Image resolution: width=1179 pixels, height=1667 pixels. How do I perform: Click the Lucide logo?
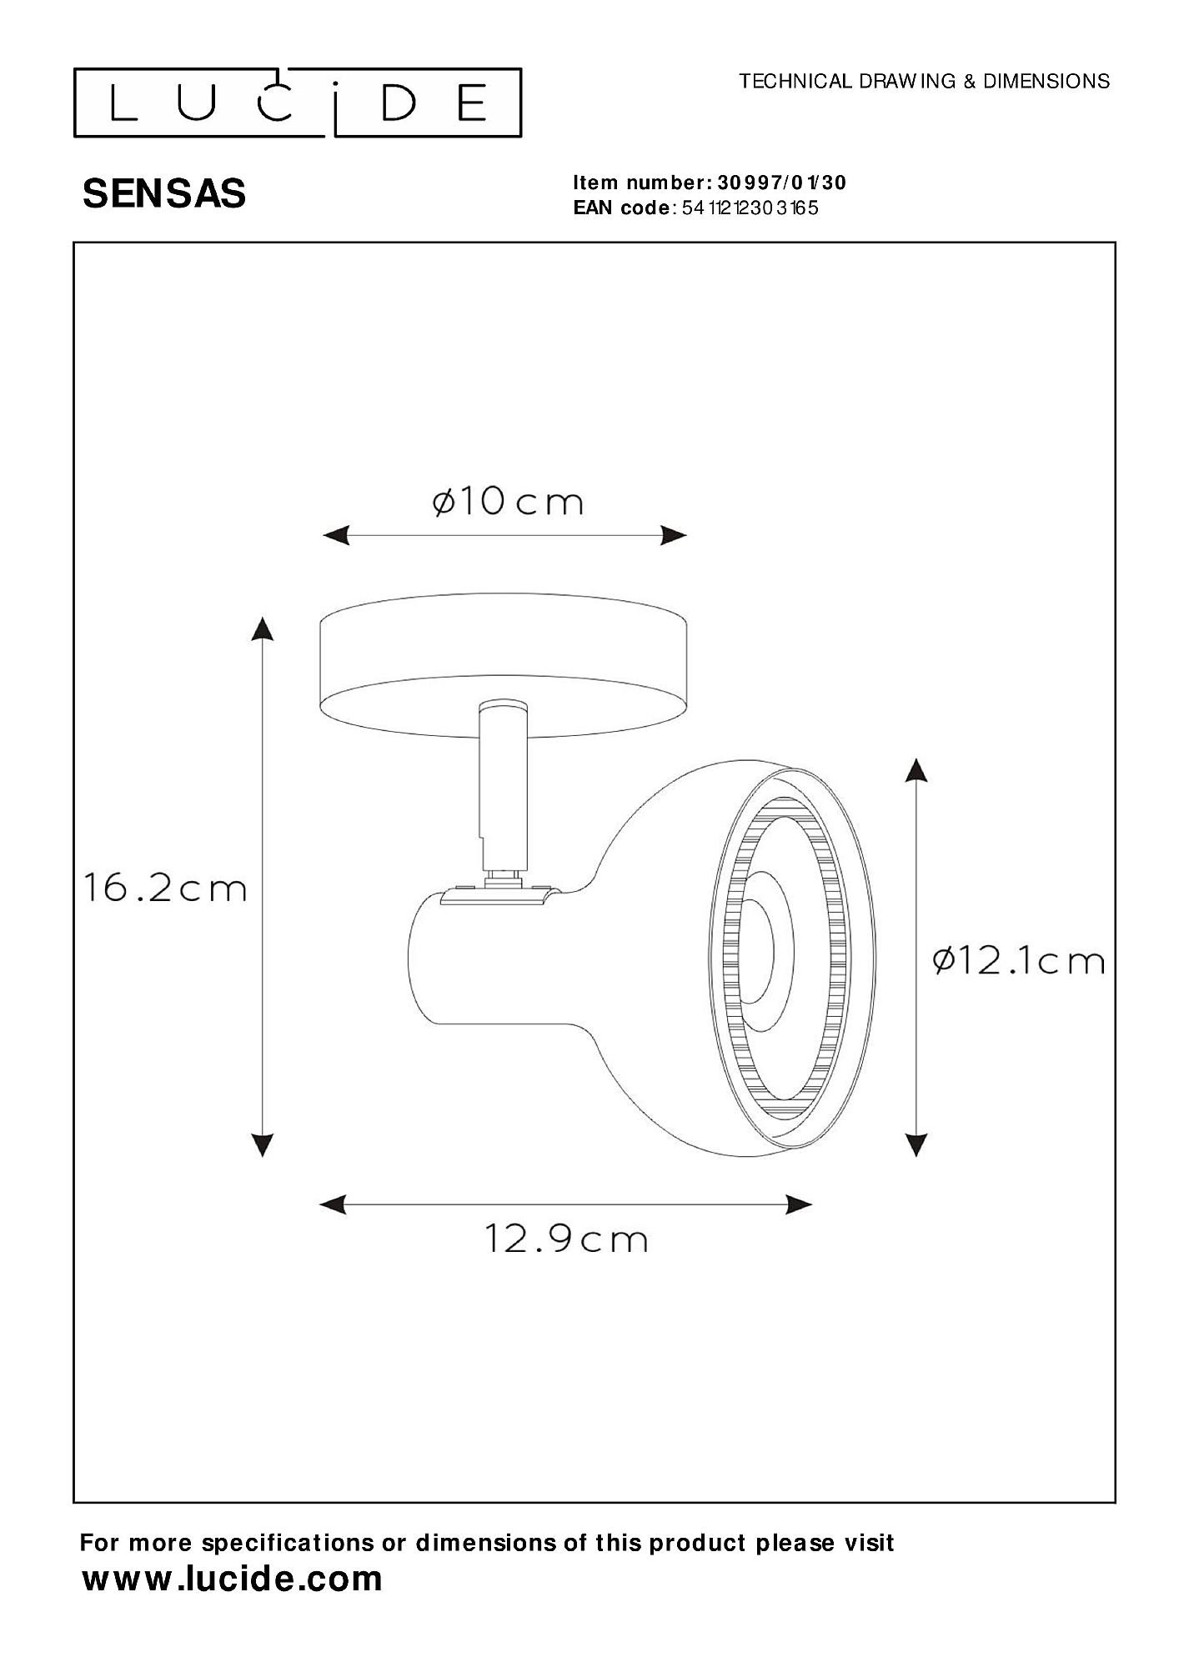click(x=298, y=103)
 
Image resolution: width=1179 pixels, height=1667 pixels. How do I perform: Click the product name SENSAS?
click(x=164, y=194)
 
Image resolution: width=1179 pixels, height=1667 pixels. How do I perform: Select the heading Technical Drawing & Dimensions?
click(x=925, y=81)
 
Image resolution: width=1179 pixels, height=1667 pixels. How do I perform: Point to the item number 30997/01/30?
click(x=781, y=183)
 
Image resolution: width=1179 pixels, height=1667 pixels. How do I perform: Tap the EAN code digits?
click(x=750, y=208)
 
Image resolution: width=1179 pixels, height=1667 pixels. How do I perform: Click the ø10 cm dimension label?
click(x=508, y=502)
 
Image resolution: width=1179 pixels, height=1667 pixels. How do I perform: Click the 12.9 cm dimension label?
click(x=566, y=1263)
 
